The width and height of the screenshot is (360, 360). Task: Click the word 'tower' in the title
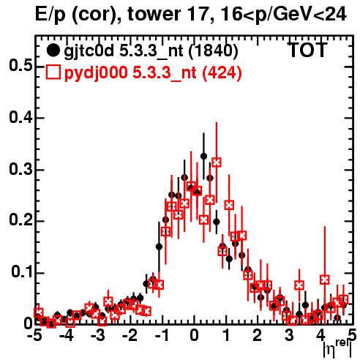click(154, 14)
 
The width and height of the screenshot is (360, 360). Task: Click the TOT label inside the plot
click(308, 50)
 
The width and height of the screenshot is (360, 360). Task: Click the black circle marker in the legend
click(53, 50)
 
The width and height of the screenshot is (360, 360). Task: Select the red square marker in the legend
click(53, 72)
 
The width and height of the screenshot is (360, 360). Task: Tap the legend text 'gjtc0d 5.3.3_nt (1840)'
click(151, 52)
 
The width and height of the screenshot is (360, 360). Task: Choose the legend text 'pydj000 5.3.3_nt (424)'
click(153, 73)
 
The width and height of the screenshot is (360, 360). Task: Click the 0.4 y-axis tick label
click(20, 117)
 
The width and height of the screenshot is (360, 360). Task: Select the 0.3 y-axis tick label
click(20, 169)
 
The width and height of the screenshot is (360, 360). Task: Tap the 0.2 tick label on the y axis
click(20, 220)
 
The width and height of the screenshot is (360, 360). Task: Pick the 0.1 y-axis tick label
click(22, 272)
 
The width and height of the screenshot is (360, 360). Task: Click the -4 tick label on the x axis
click(67, 336)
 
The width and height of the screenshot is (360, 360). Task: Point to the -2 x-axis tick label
click(130, 336)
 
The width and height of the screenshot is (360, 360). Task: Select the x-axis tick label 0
click(194, 336)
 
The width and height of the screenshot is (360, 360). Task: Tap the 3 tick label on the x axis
click(289, 336)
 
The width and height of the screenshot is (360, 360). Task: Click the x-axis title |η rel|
click(337, 348)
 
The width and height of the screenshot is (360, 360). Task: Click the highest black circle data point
click(204, 156)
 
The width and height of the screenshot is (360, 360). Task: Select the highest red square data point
click(217, 162)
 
